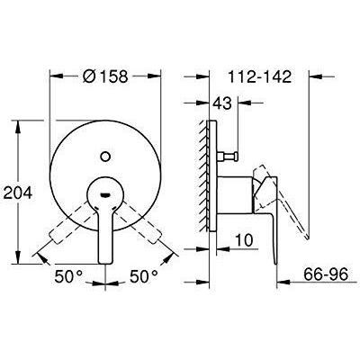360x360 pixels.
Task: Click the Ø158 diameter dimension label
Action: pos(105,76)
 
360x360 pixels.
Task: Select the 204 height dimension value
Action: pos(18,193)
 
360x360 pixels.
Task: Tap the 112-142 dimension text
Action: pos(260,76)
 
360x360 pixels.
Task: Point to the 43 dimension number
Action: pos(222,103)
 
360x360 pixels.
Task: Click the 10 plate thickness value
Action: pos(244,240)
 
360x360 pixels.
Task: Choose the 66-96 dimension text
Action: pos(326,274)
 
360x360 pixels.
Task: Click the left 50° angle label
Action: pos(68,276)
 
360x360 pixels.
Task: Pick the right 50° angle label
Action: pos(144,276)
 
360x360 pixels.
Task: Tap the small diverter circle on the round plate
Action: pos(105,157)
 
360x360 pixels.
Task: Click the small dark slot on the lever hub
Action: pos(104,195)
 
